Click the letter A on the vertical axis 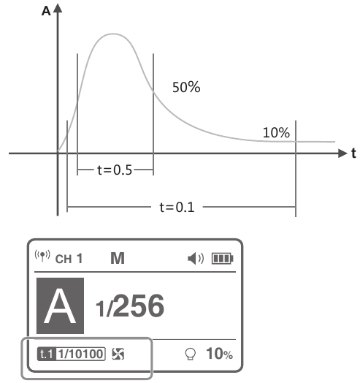coord(46,11)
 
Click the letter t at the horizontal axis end coord(353,153)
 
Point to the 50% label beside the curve coord(186,87)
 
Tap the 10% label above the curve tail coord(276,132)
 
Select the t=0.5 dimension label coord(115,170)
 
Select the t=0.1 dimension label coord(177,208)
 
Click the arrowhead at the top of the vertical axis coord(58,8)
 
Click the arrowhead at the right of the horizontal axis coord(342,153)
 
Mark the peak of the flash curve coord(113,34)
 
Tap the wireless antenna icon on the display coord(42,256)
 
